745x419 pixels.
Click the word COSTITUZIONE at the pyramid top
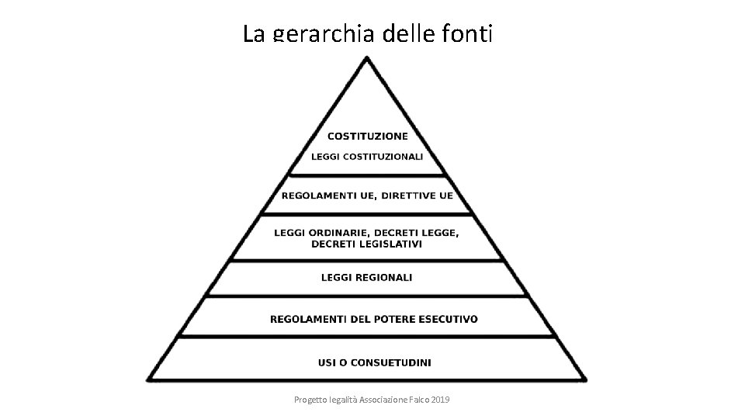tap(367, 137)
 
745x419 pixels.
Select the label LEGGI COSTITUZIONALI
tap(367, 156)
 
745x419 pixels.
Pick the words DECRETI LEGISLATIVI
tap(367, 244)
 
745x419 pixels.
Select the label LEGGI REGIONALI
tap(367, 277)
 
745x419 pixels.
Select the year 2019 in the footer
tap(438, 399)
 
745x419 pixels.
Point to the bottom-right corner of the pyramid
tap(585, 379)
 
